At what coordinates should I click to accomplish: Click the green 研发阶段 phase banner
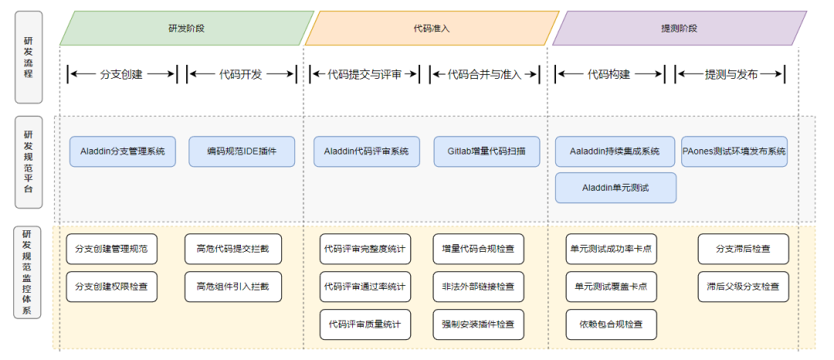coord(187,28)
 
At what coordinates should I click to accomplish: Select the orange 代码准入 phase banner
coord(432,28)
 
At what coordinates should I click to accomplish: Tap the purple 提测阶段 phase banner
coord(680,28)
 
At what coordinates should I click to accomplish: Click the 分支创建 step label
coord(122,74)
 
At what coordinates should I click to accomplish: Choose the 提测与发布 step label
coord(731,74)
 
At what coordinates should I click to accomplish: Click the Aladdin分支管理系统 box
coord(123,151)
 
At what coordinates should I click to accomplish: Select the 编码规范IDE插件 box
coord(242,151)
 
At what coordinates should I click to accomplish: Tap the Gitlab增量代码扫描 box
coord(486,151)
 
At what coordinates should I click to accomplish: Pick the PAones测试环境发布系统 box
coord(734,151)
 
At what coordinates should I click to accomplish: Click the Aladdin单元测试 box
coord(615,188)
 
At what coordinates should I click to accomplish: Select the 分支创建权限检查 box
coord(112,287)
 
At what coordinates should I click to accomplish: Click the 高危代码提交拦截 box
coord(233,249)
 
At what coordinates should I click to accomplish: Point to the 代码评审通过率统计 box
coord(365,287)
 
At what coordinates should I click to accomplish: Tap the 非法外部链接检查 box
coord(478,287)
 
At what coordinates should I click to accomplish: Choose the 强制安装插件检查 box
coord(478,324)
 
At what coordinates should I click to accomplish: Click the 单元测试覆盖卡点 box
coord(611,287)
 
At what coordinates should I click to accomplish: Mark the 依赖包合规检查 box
coord(611,324)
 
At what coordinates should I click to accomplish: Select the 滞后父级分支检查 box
coord(744,287)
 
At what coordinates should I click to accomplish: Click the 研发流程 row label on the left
coord(29,57)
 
